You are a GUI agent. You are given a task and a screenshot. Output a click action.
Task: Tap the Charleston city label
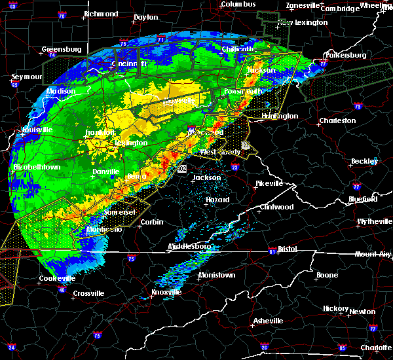click(337, 120)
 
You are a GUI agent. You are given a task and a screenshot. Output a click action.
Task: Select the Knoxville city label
click(166, 292)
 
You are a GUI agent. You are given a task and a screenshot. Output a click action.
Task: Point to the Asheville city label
click(269, 321)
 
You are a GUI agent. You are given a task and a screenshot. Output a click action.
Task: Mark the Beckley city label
click(364, 161)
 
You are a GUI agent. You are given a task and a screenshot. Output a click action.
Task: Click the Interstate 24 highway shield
click(12, 347)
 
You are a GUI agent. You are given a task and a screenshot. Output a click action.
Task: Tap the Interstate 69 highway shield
click(12, 6)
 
